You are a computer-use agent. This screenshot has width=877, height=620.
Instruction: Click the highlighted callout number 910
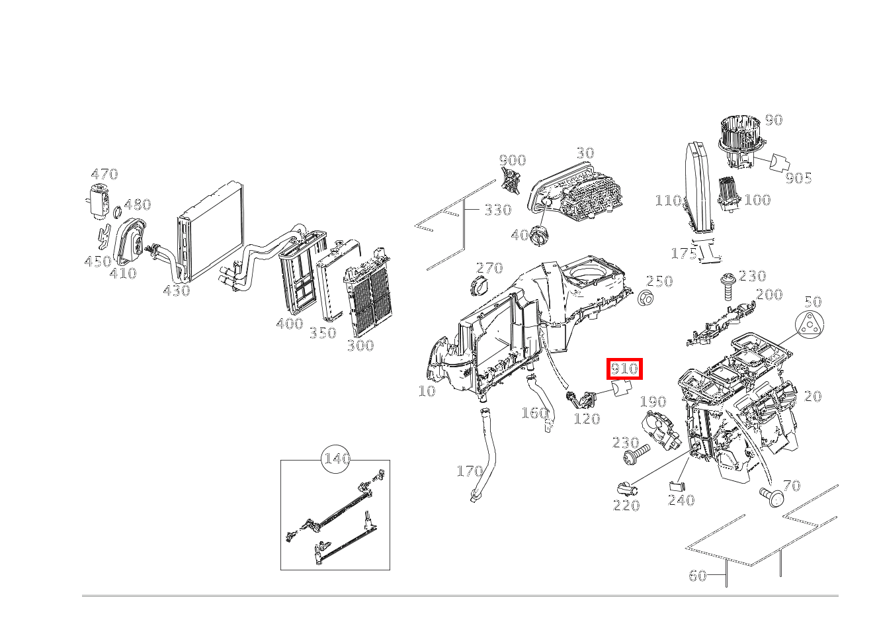624,369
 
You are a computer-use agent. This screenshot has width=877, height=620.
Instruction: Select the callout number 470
104,175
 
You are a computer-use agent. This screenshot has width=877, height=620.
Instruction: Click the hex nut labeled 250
646,298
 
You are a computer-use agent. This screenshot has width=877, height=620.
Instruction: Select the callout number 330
497,210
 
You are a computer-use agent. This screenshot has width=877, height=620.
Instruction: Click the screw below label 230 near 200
728,285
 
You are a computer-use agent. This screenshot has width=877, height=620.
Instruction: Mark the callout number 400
289,324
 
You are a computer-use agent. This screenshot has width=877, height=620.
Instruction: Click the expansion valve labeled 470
99,200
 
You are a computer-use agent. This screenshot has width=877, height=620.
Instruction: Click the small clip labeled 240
676,486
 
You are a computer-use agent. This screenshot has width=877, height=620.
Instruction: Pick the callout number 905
798,178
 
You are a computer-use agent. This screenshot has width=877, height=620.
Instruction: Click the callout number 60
698,576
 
